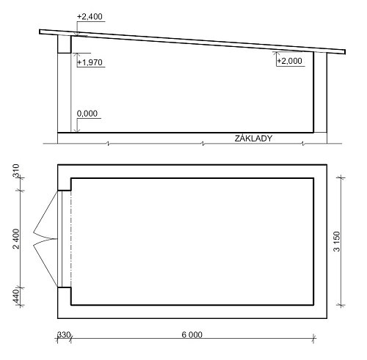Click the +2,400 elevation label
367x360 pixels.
click(90, 17)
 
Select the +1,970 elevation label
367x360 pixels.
click(90, 62)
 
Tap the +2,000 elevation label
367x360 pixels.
click(290, 61)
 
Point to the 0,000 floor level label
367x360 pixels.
click(87, 114)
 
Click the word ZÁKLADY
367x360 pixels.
click(253, 139)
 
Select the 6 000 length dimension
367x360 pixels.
click(192, 334)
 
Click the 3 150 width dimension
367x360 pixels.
click(337, 241)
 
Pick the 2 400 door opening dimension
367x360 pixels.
click(16, 238)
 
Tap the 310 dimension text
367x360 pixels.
click(16, 171)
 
